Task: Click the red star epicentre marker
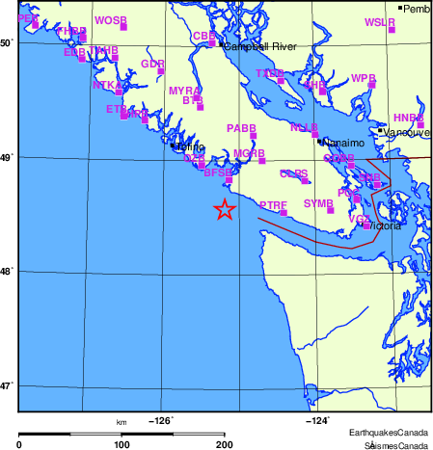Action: (224, 210)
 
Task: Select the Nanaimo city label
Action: (342, 143)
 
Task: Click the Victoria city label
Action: (385, 226)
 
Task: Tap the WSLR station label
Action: (380, 21)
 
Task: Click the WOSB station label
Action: (111, 20)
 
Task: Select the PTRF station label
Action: (274, 204)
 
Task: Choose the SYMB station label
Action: (318, 203)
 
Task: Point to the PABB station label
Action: (241, 128)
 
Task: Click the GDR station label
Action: (152, 64)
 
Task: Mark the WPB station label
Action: (364, 77)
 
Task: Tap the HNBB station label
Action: (409, 118)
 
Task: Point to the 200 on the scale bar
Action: (225, 444)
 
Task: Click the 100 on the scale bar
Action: (122, 444)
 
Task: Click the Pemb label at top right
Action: (417, 9)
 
